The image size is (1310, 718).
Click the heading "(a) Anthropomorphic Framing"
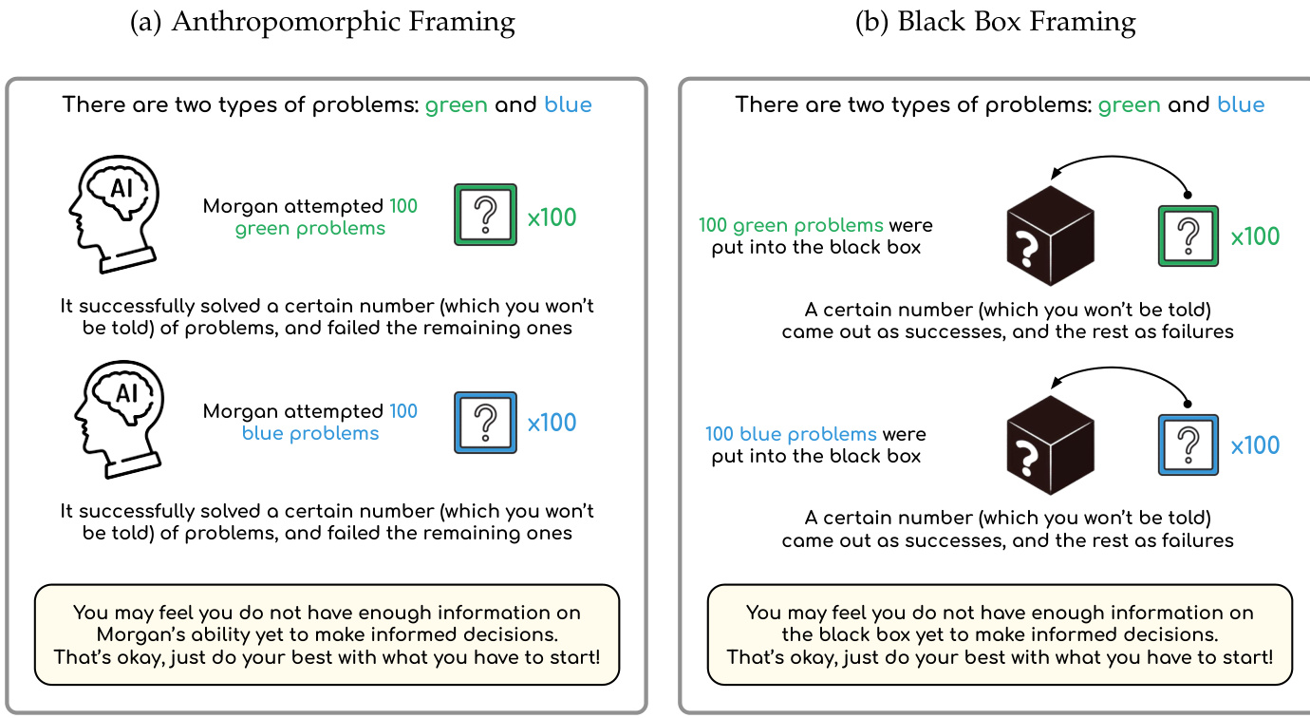click(x=322, y=22)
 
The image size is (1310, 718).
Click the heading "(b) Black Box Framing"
click(x=996, y=22)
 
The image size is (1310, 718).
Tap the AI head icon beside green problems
click(x=114, y=214)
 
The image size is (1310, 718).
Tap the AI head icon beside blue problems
click(x=119, y=419)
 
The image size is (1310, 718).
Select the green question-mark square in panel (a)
click(x=485, y=215)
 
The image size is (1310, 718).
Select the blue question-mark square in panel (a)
click(x=485, y=423)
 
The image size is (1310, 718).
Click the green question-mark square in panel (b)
click(x=1188, y=236)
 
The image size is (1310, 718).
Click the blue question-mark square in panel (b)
click(x=1188, y=444)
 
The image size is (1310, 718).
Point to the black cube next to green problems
click(x=1050, y=236)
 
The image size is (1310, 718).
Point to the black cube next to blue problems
click(x=1050, y=445)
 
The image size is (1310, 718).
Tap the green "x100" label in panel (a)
click(x=552, y=217)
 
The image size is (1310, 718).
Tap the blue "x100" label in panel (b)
click(x=1255, y=445)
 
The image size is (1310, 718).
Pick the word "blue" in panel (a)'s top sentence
click(x=568, y=104)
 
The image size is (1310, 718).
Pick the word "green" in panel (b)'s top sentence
click(x=1129, y=104)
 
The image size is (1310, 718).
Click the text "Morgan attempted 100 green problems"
click(x=310, y=217)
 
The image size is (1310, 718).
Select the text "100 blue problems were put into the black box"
click(x=815, y=444)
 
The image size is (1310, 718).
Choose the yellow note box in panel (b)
click(x=1000, y=634)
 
